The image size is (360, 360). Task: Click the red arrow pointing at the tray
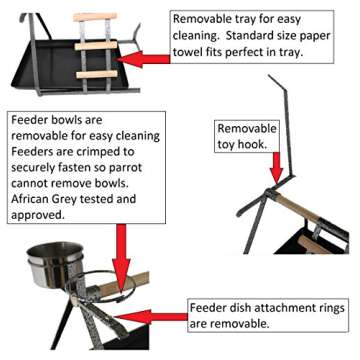tap(144, 59)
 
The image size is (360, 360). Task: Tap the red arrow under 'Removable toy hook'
tap(276, 167)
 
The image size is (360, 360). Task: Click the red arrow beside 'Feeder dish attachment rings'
tap(152, 317)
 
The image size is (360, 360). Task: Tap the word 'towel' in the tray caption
tap(187, 52)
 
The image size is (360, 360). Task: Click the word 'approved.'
tap(37, 215)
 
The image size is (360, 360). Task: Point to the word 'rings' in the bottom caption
tap(328, 308)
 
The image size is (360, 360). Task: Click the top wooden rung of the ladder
tap(95, 17)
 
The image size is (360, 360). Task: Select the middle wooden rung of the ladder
tap(96, 45)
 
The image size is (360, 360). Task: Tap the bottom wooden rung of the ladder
tap(97, 74)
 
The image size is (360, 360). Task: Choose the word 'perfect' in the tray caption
tap(257, 52)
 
